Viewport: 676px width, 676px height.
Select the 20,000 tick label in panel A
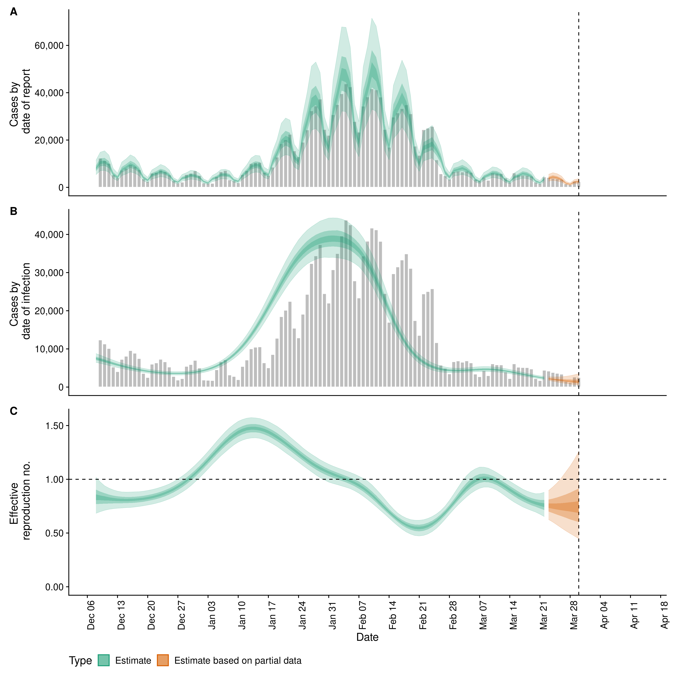[49, 140]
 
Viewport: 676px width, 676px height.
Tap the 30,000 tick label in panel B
[49, 273]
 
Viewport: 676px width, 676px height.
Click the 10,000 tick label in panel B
[49, 349]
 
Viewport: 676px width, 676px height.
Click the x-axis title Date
[367, 637]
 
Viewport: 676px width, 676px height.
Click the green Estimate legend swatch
[104, 660]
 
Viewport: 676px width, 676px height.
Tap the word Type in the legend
[80, 661]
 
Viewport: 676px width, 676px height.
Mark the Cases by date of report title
[20, 101]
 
